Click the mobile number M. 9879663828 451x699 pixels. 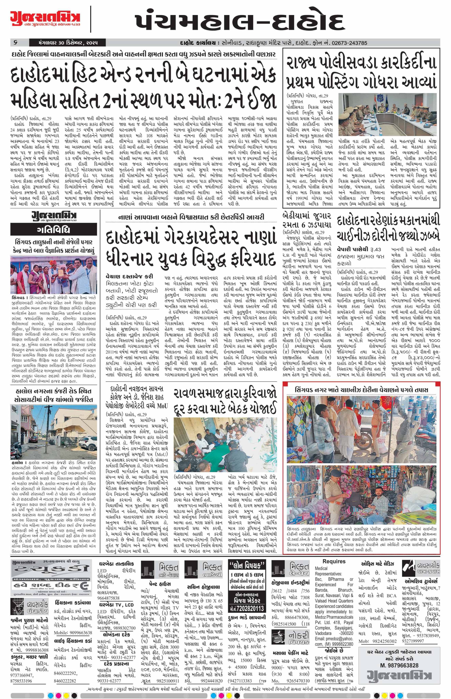pyautogui.click(x=399, y=663)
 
